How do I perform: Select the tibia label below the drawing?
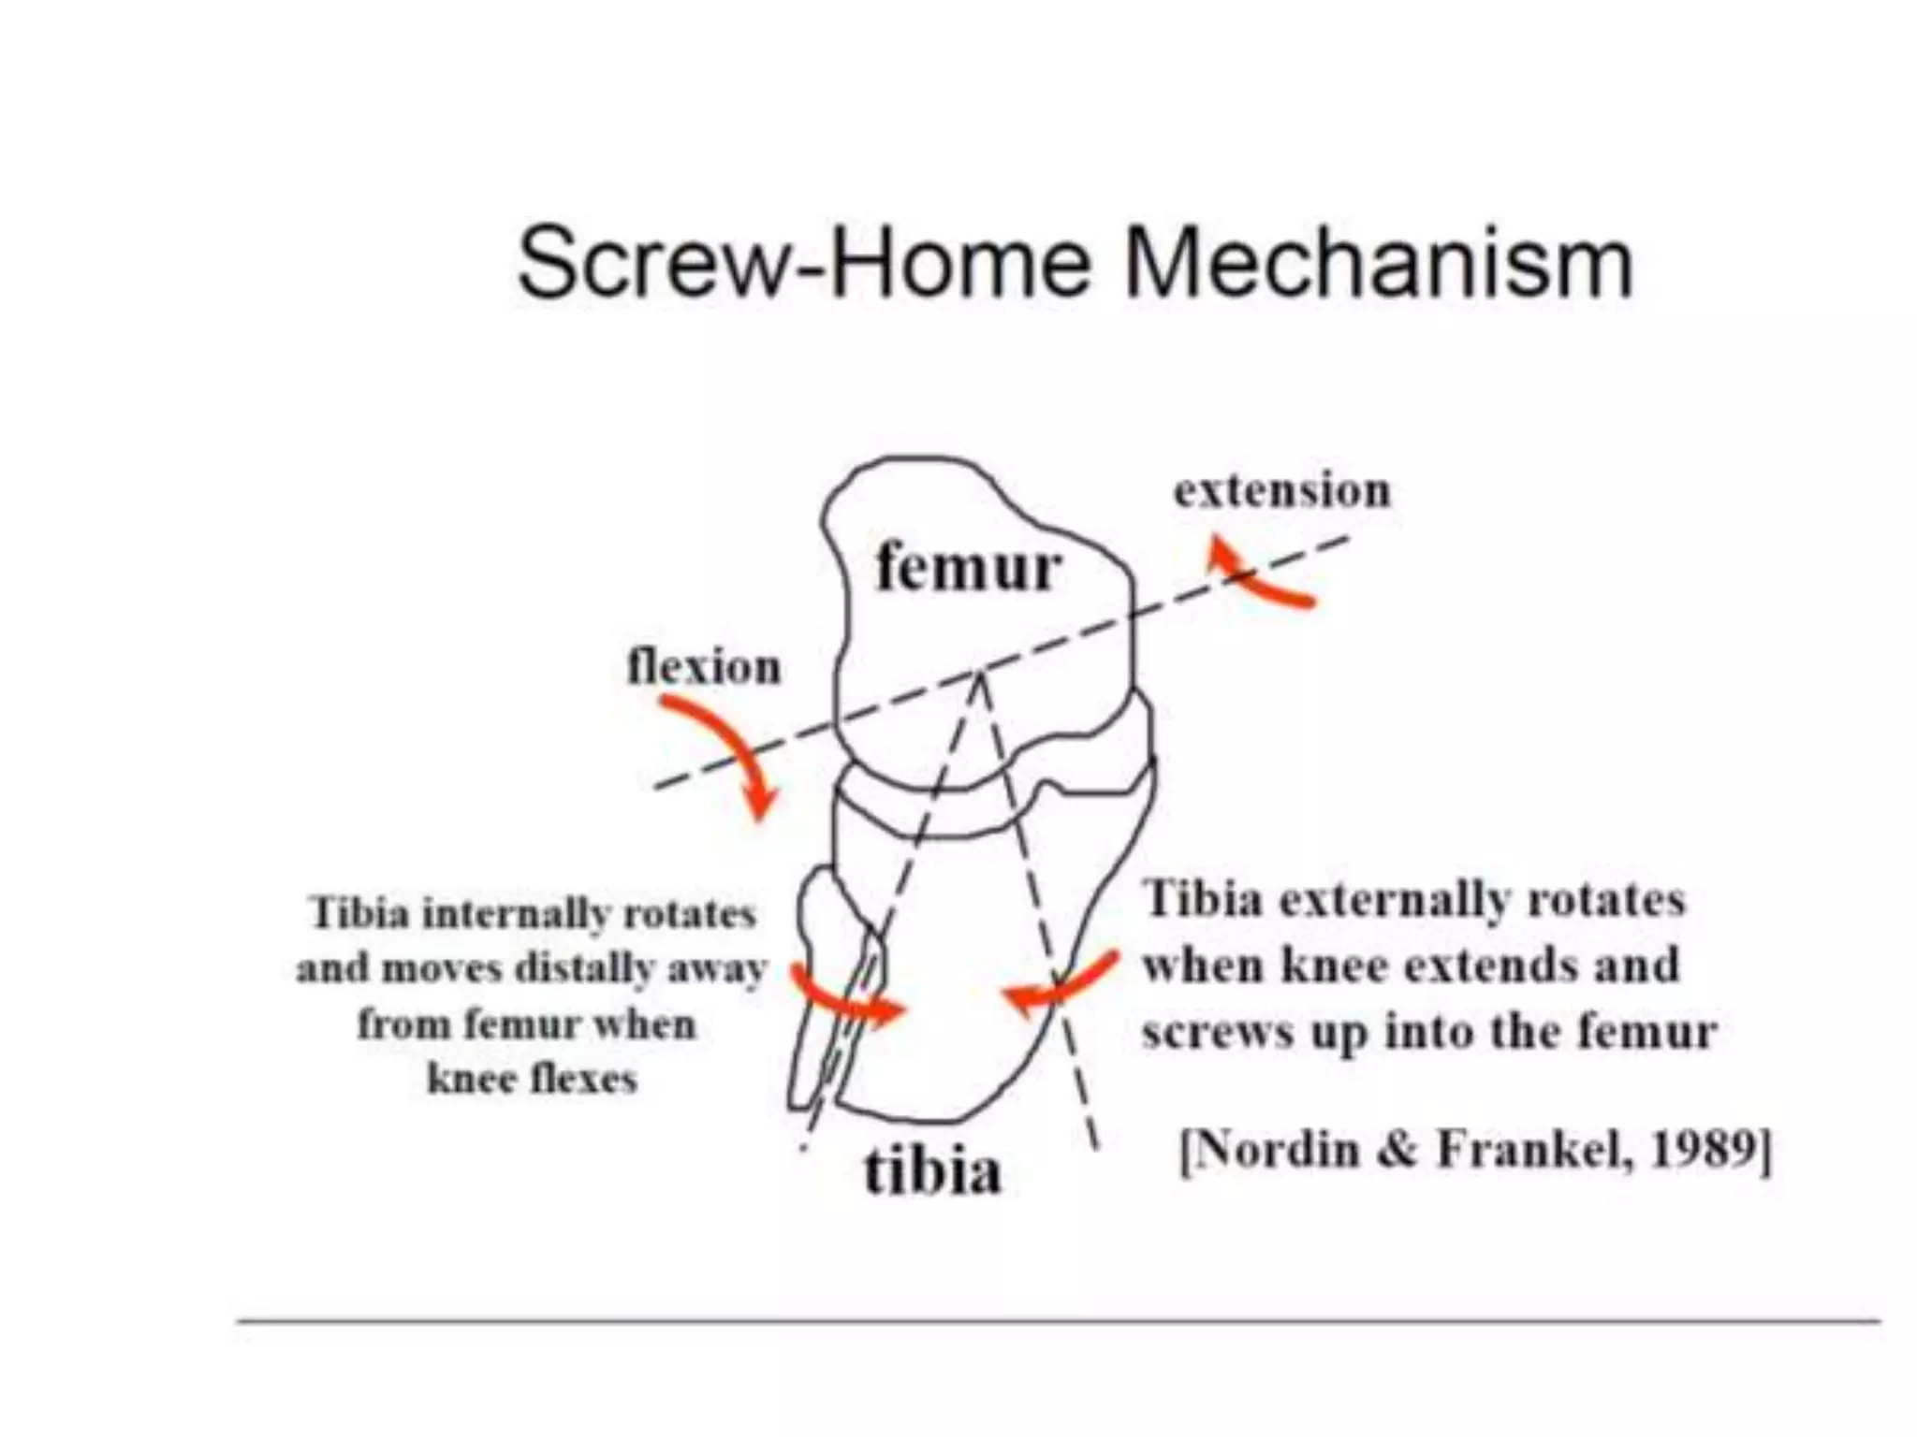pyautogui.click(x=931, y=1169)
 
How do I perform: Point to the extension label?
pyautogui.click(x=1282, y=491)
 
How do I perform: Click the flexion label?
pyautogui.click(x=704, y=668)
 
